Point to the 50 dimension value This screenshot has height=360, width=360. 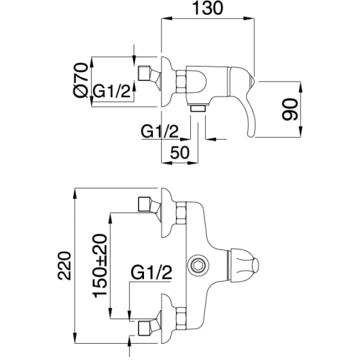pos(179,152)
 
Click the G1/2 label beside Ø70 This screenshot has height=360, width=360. pos(112,92)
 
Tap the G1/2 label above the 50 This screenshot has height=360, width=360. pos(160,130)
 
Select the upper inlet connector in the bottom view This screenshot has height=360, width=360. pos(146,205)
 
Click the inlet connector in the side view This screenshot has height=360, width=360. pos(146,74)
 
